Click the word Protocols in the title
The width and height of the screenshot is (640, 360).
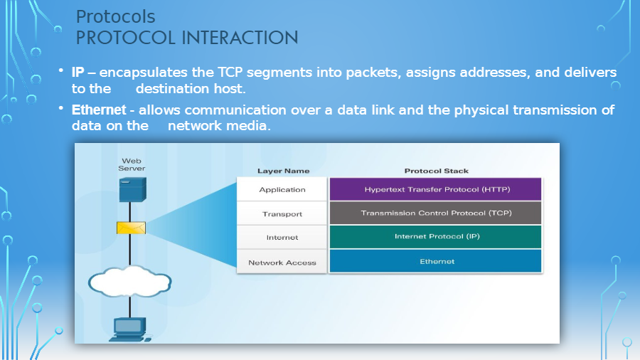115,16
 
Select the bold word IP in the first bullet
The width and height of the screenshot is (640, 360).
78,73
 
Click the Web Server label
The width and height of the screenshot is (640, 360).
132,165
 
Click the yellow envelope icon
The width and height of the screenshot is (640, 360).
132,228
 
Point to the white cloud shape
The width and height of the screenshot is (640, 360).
131,281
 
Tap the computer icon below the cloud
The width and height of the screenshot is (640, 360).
130,328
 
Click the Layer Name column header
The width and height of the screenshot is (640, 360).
283,171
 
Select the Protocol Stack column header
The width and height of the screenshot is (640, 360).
436,171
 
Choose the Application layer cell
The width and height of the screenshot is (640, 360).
282,190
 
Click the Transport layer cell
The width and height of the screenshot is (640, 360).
282,213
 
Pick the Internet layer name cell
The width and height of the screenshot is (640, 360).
282,238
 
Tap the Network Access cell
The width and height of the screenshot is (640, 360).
282,263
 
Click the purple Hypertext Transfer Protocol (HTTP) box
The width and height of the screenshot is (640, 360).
436,190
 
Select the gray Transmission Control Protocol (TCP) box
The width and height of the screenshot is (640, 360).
436,213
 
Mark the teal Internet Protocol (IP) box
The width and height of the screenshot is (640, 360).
436,237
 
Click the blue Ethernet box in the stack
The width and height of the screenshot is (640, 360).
436,261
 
